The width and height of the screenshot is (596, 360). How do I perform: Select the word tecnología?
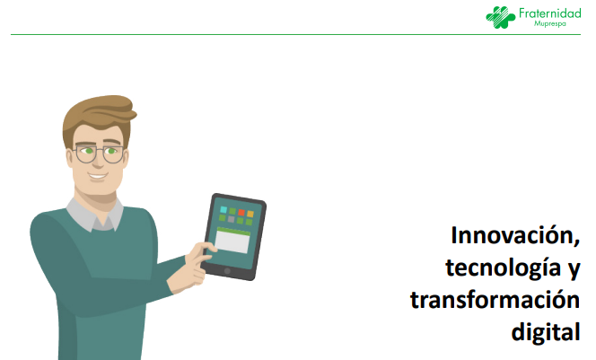point(504,268)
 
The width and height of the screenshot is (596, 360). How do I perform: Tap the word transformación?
point(495,301)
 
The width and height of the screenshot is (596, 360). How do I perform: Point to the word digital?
point(546,332)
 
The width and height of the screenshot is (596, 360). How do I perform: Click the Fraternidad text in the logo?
point(549,13)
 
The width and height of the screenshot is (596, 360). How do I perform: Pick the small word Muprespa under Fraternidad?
point(549,23)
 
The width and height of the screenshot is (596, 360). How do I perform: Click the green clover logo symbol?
point(500,17)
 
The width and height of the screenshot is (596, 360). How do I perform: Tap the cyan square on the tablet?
point(223,209)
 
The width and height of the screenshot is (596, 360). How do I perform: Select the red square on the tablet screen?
point(241,212)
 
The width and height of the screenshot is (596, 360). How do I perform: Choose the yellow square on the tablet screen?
point(250,214)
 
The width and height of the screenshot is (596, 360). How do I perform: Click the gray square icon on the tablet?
point(231,219)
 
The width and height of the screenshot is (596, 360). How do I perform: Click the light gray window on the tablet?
point(232,241)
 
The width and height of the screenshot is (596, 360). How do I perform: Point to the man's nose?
point(98,161)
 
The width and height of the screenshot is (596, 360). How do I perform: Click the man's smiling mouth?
point(97,176)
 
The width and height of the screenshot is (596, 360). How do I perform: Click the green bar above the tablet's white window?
point(233,231)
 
